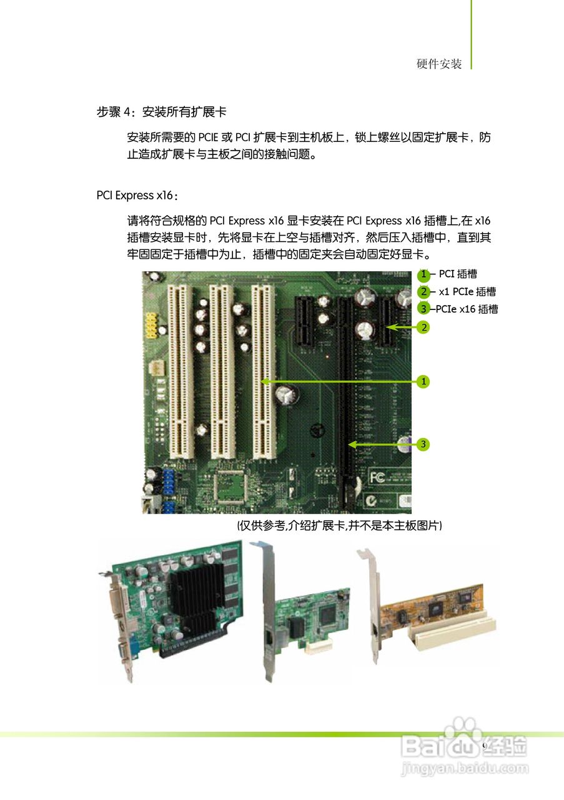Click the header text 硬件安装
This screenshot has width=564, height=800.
coord(439,64)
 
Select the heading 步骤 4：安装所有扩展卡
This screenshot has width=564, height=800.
coord(161,112)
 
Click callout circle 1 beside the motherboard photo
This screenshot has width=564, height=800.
coord(423,381)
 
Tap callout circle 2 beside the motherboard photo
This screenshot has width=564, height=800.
coord(423,327)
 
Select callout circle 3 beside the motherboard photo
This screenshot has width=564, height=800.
coord(423,444)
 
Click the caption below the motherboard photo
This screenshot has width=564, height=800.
coord(339,526)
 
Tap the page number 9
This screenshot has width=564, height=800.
coord(484,747)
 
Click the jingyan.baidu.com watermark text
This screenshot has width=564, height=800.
coord(465,767)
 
